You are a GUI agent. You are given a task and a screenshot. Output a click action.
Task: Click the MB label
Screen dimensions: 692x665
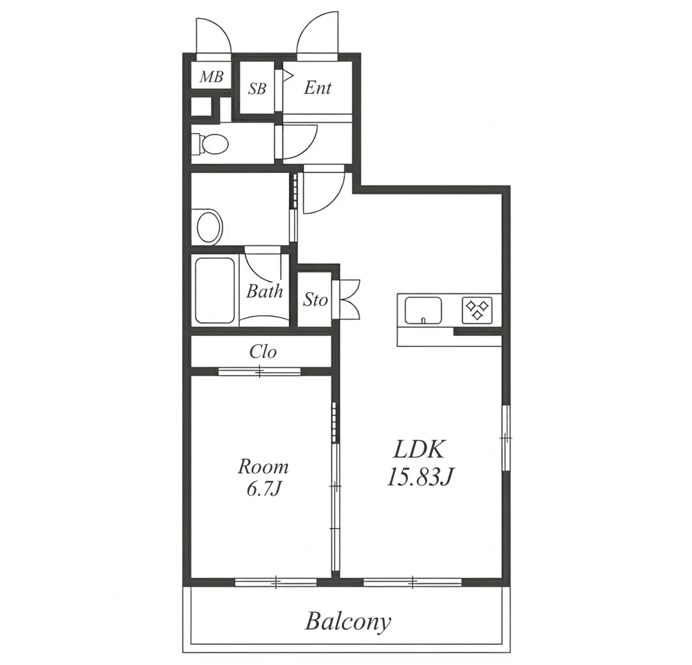pyautogui.click(x=211, y=77)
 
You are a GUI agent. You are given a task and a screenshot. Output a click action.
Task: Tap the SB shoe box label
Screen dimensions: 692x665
pyautogui.click(x=257, y=88)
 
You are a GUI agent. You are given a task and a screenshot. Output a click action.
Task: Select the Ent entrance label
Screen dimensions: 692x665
pyautogui.click(x=318, y=87)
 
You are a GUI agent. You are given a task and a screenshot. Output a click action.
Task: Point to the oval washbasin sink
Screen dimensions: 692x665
pyautogui.click(x=209, y=226)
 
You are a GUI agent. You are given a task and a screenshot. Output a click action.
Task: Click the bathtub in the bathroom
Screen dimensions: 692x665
pyautogui.click(x=214, y=291)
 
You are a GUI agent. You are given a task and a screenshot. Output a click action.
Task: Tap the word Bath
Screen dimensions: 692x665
pyautogui.click(x=264, y=291)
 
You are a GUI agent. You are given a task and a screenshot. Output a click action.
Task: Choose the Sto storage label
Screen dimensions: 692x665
pyautogui.click(x=315, y=300)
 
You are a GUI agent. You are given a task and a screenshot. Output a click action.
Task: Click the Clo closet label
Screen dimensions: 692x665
pyautogui.click(x=263, y=352)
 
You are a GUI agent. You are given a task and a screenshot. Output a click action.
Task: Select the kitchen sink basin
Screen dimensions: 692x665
pyautogui.click(x=423, y=310)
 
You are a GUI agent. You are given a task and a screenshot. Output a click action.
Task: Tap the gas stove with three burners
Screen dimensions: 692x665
pyautogui.click(x=477, y=310)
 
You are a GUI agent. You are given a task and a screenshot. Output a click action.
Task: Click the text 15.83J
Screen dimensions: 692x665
pyautogui.click(x=421, y=477)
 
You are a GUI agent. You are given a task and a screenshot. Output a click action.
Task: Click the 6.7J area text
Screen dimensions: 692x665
pyautogui.click(x=264, y=489)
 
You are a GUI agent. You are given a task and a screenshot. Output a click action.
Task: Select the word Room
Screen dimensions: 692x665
pyautogui.click(x=263, y=466)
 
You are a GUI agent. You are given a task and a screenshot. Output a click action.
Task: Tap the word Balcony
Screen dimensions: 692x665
pyautogui.click(x=348, y=622)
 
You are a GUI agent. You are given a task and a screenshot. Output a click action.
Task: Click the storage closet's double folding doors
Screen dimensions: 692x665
pyautogui.click(x=350, y=299)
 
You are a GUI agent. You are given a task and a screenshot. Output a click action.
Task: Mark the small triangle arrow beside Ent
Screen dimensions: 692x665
pyautogui.click(x=288, y=76)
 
